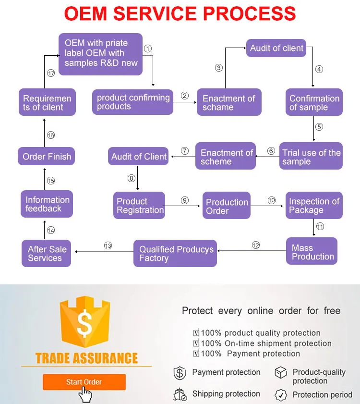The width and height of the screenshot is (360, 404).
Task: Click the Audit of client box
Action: (276, 49)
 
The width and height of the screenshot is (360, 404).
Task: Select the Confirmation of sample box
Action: (314, 102)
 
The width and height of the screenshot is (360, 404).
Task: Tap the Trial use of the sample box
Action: (311, 156)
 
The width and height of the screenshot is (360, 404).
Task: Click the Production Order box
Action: (227, 206)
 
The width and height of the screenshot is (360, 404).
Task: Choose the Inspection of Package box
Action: (314, 206)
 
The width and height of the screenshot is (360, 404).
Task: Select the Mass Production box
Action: (312, 252)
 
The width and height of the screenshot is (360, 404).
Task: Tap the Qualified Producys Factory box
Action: (176, 254)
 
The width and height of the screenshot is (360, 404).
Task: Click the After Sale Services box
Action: (47, 254)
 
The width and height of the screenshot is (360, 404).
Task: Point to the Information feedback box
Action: (47, 204)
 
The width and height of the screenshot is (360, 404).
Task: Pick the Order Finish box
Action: (47, 157)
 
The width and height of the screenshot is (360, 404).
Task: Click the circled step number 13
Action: (108, 246)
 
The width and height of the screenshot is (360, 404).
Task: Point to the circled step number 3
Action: (219, 68)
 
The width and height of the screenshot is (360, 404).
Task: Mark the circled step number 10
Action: (272, 200)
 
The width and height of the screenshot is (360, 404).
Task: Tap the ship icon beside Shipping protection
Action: (180, 394)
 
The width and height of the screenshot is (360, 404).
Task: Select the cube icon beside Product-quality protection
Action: (281, 373)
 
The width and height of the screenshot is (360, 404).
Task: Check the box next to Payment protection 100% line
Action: (196, 354)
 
